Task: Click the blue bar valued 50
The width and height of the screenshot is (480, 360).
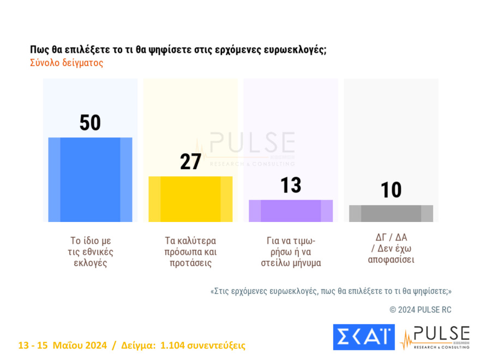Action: click(x=90, y=179)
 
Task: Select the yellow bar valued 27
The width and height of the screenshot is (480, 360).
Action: click(x=190, y=199)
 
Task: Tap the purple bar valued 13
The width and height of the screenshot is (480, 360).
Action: click(x=291, y=211)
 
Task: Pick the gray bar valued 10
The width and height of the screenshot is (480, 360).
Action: click(x=391, y=213)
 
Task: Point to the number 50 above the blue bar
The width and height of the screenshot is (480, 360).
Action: click(x=90, y=123)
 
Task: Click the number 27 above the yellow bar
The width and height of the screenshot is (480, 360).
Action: click(x=190, y=162)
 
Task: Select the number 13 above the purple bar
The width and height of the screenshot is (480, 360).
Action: click(x=291, y=185)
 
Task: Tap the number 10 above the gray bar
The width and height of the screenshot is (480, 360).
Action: click(x=391, y=190)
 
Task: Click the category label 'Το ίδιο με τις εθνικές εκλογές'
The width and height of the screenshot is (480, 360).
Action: click(x=91, y=251)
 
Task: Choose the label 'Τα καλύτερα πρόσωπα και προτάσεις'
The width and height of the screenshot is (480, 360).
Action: click(x=190, y=251)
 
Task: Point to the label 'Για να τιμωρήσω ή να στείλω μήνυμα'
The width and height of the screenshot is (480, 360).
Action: click(x=290, y=251)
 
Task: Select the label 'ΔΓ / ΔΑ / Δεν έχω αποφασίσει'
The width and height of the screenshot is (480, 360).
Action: click(x=391, y=248)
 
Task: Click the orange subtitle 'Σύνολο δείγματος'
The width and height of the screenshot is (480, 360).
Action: click(x=67, y=63)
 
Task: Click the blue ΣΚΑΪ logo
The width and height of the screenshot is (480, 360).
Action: click(x=363, y=337)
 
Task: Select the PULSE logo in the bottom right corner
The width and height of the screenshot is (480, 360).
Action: click(x=435, y=338)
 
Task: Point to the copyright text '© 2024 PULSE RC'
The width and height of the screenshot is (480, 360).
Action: click(x=420, y=310)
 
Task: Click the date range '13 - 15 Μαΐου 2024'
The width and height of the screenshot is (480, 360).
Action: click(x=62, y=345)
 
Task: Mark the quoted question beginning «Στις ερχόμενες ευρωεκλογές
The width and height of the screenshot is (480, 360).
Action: click(x=331, y=291)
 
